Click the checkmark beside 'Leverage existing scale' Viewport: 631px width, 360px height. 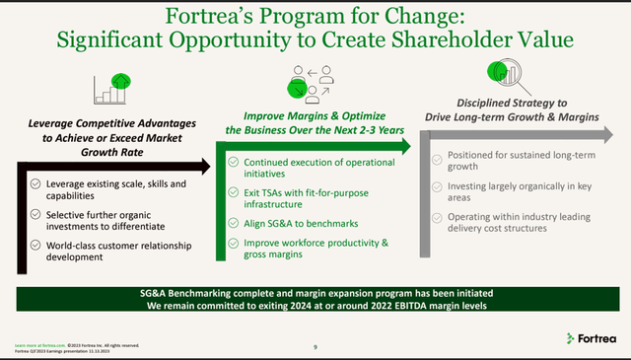[35, 183]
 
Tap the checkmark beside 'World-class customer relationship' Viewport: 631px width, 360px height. [35, 244]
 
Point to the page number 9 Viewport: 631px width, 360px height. [313, 345]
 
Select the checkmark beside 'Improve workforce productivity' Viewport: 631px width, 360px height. [234, 243]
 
